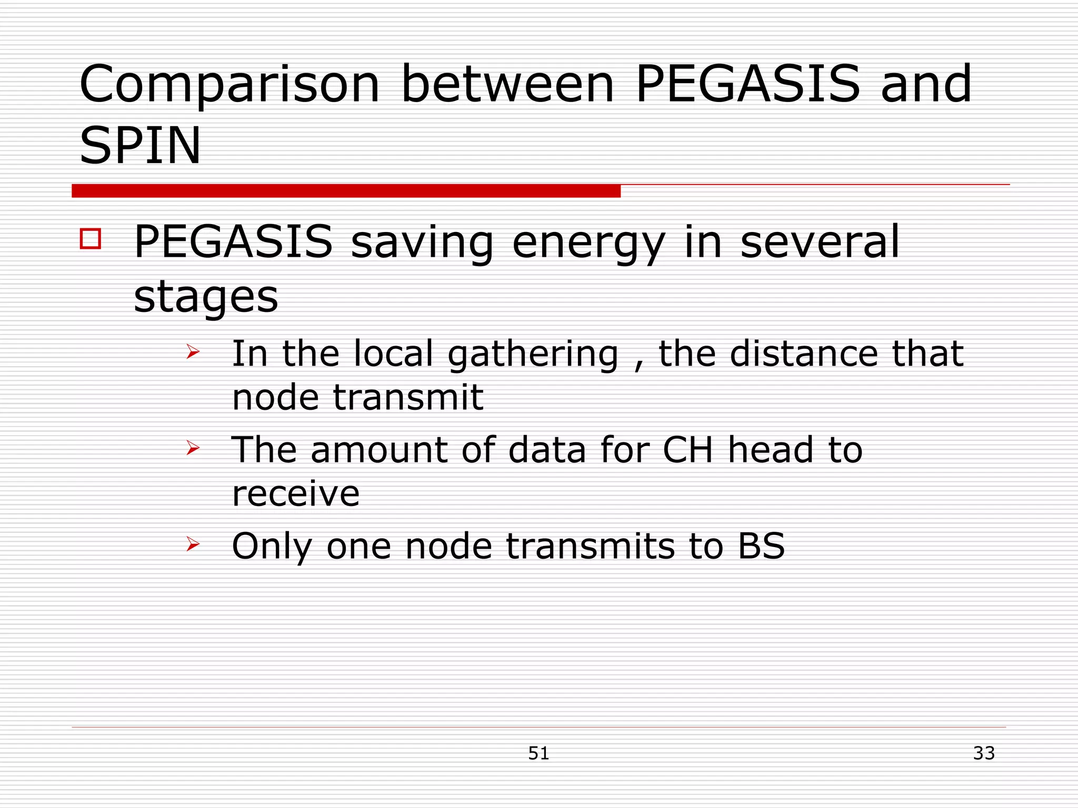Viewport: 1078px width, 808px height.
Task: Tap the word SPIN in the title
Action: [x=140, y=146]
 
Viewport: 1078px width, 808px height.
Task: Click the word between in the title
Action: [x=507, y=84]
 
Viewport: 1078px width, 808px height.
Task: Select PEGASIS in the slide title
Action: [x=747, y=84]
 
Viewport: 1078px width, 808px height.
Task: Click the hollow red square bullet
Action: [x=91, y=238]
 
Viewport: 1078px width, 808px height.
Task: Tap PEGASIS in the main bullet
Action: [x=233, y=242]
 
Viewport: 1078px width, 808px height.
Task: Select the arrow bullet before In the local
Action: [x=193, y=352]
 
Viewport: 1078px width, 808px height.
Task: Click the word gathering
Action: [x=533, y=355]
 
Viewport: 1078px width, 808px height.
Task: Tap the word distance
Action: [x=803, y=353]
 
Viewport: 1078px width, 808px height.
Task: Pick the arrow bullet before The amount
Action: [x=193, y=448]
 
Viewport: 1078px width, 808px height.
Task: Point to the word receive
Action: [x=296, y=494]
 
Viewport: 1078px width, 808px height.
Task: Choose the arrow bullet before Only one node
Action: [x=193, y=544]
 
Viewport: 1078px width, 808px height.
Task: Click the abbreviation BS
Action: [x=761, y=546]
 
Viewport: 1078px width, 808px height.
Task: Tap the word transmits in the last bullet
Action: [x=590, y=546]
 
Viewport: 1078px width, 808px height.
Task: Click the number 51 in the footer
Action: [x=538, y=753]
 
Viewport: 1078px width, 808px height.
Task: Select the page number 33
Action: [x=984, y=753]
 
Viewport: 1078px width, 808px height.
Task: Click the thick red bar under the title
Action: [x=346, y=191]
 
